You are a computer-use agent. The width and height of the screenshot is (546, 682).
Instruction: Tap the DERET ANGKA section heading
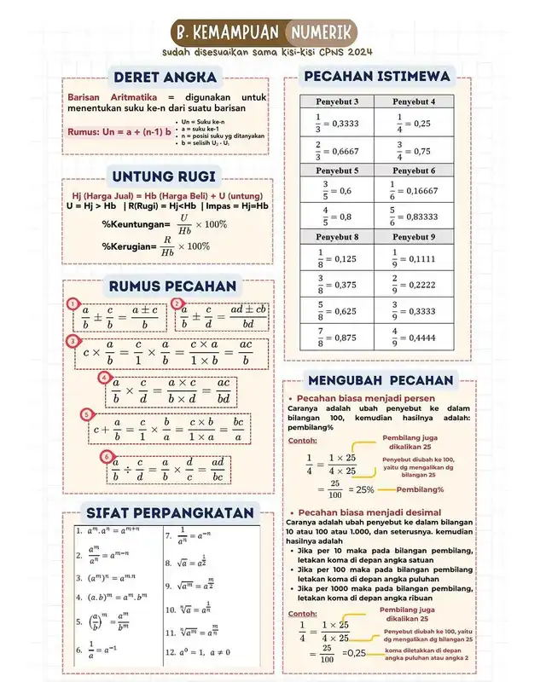coord(165,78)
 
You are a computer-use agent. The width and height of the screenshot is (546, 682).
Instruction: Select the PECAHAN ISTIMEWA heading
coord(381,77)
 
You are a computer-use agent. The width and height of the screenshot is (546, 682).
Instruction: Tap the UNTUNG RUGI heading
coord(163,176)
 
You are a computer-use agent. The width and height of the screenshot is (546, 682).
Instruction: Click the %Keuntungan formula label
coord(134,223)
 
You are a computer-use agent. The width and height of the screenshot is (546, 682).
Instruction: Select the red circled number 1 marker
coord(74,303)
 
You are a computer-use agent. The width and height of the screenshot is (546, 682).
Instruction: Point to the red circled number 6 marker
coord(106,457)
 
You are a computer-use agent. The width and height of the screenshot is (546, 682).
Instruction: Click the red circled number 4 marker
coord(104,377)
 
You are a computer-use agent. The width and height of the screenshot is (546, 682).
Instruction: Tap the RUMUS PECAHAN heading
coord(171,286)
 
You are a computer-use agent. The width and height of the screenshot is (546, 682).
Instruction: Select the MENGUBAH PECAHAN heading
coord(380,379)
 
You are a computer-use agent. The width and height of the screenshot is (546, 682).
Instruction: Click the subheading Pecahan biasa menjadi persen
coord(366,398)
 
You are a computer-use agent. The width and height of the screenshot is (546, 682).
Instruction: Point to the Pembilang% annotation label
coord(417,489)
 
